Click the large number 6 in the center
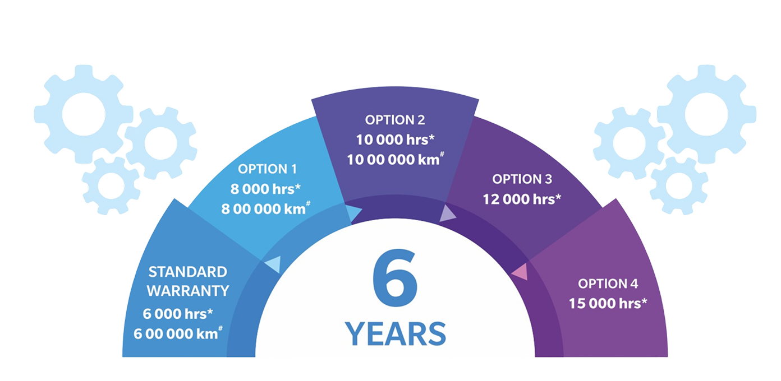[x=394, y=277]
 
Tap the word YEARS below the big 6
[x=396, y=333]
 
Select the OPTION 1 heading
[x=268, y=169]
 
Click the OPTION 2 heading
[x=395, y=120]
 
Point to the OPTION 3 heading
[x=522, y=179]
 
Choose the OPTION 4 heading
[x=608, y=284]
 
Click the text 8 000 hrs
[x=265, y=189]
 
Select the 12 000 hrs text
[x=522, y=199]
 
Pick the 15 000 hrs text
[x=608, y=303]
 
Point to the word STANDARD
[x=187, y=272]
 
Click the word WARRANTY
[x=188, y=291]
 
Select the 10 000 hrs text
[x=395, y=140]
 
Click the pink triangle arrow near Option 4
[x=520, y=272]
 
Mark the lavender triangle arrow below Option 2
[x=447, y=215]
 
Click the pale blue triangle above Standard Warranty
[x=274, y=265]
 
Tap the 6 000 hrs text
[x=178, y=314]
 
